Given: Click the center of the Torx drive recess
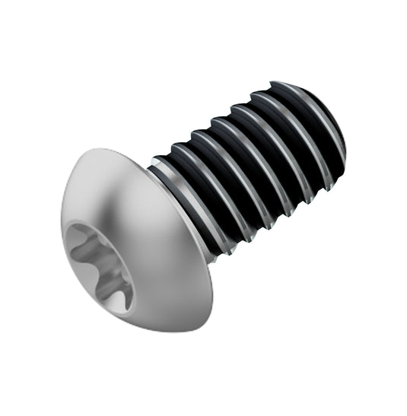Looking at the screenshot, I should pyautogui.click(x=97, y=266).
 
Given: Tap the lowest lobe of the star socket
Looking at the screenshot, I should pyautogui.click(x=115, y=298).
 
